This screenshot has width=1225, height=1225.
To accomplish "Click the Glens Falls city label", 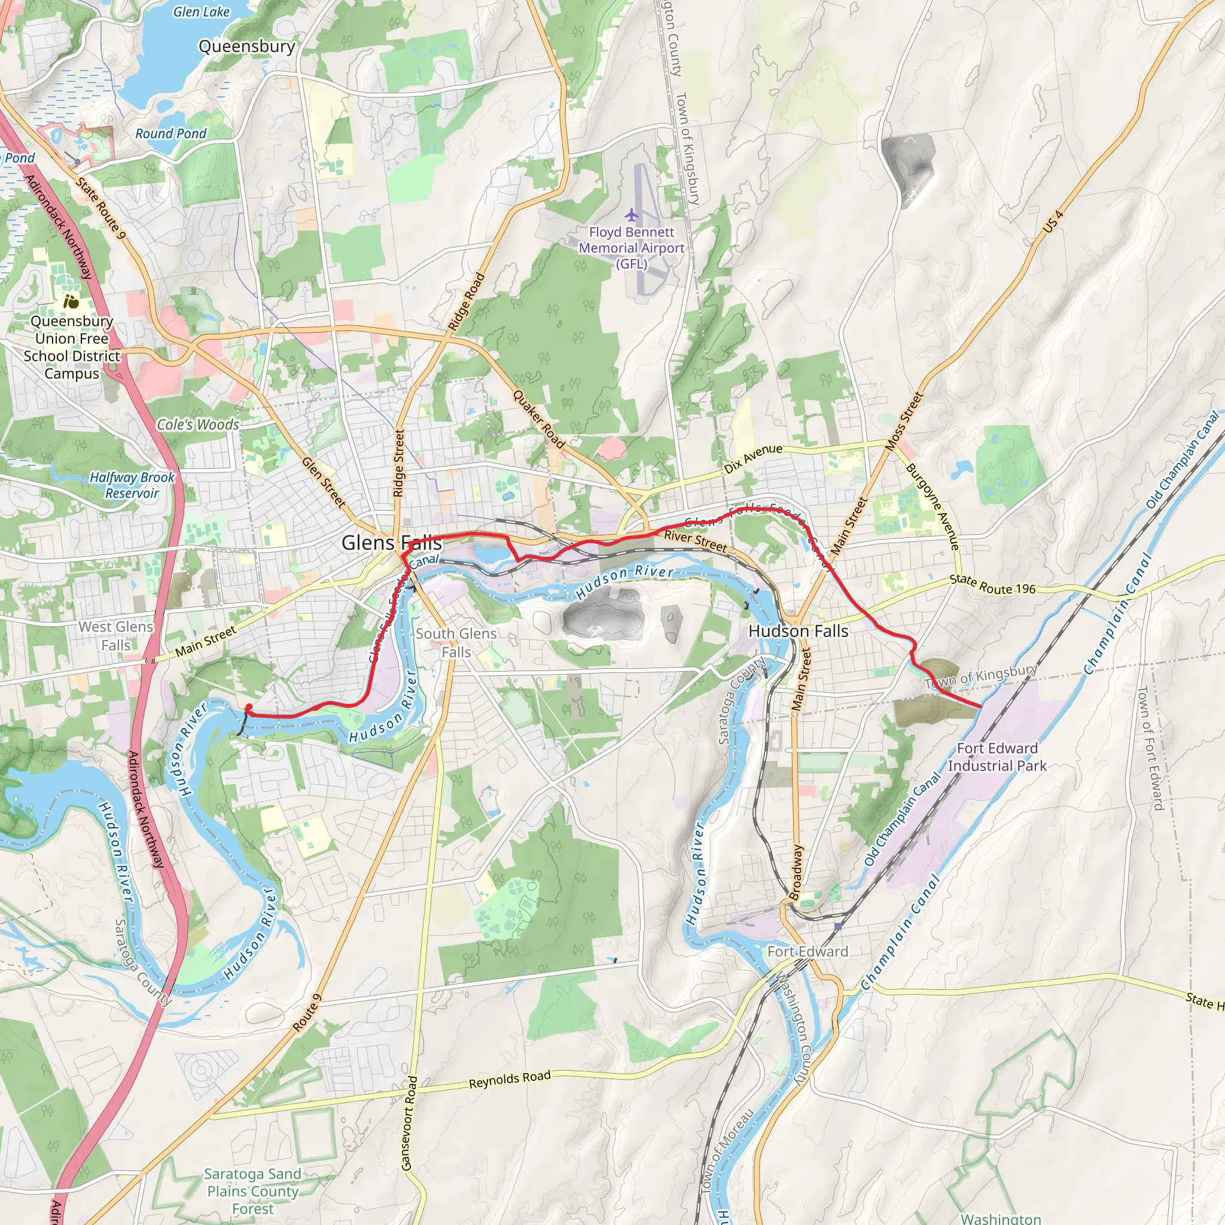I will click(x=391, y=543).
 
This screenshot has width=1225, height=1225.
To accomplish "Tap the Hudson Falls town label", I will click(x=798, y=631).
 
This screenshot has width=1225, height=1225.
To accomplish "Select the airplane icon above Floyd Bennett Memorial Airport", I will click(x=631, y=215).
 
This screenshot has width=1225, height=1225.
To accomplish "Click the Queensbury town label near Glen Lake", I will click(x=246, y=46).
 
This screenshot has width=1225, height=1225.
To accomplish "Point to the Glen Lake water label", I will click(x=201, y=11).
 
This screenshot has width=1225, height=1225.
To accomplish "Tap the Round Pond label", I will click(x=170, y=134).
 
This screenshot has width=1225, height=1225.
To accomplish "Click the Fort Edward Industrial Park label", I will click(x=996, y=757).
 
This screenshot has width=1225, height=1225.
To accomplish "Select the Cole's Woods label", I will click(x=198, y=425).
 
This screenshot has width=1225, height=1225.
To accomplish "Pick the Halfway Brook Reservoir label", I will click(x=132, y=485).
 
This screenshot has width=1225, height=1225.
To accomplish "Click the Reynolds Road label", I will click(x=509, y=1079).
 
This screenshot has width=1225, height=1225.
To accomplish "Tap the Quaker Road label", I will click(x=538, y=419).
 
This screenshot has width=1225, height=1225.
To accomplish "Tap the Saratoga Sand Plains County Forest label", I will click(x=252, y=1192).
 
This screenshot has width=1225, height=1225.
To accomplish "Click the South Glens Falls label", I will click(x=456, y=642).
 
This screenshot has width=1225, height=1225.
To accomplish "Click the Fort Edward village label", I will click(x=807, y=952).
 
